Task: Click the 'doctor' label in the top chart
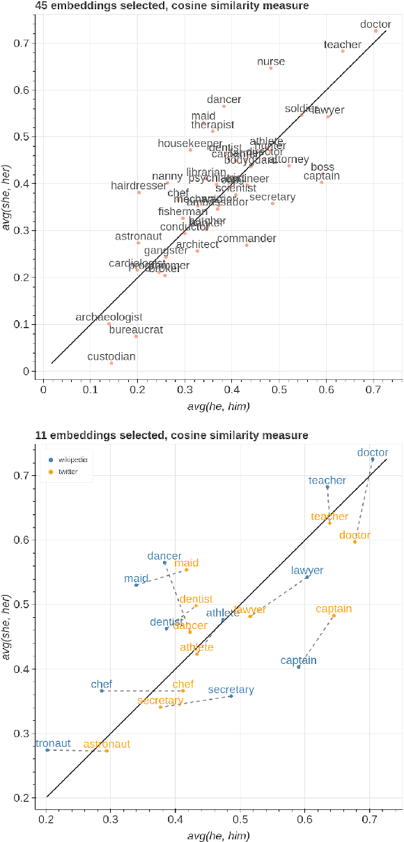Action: click(375, 24)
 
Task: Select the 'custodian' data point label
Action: click(111, 357)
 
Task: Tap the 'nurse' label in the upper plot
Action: click(271, 61)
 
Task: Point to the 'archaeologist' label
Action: click(109, 317)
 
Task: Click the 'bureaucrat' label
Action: click(137, 330)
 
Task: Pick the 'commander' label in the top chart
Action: click(247, 239)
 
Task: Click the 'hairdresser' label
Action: click(139, 186)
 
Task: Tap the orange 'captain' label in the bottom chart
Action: click(334, 609)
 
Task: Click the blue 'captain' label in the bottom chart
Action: click(299, 660)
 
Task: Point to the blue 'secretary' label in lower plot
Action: click(231, 690)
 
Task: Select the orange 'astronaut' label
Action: click(107, 744)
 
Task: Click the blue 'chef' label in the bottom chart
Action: click(102, 685)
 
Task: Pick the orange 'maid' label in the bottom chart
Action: click(187, 563)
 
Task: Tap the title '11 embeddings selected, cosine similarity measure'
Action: click(171, 436)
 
